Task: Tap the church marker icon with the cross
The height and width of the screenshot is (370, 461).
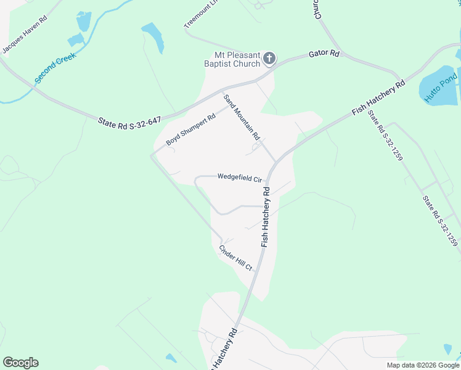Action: pyautogui.click(x=269, y=59)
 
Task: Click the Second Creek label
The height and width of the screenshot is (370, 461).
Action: pyautogui.click(x=55, y=68)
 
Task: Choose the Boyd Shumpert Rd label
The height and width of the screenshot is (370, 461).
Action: pyautogui.click(x=191, y=129)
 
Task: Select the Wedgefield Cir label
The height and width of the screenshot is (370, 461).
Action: pyautogui.click(x=240, y=178)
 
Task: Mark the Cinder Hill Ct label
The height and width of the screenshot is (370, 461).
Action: pyautogui.click(x=236, y=258)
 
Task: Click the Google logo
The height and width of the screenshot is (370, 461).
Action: pyautogui.click(x=20, y=363)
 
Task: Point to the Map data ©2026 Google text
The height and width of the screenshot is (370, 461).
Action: pyautogui.click(x=423, y=365)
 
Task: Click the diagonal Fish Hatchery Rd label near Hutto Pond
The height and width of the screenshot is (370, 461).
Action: pyautogui.click(x=378, y=97)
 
